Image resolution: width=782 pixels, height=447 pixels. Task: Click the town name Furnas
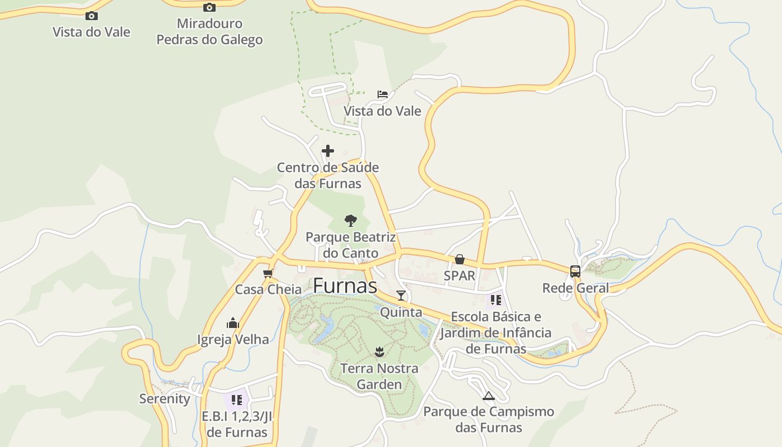coord(345,286)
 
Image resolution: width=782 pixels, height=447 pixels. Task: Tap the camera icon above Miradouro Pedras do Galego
coord(209,7)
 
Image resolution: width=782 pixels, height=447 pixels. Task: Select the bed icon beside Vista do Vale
coord(382,94)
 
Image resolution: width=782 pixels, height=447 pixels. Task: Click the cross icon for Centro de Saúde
coord(328,151)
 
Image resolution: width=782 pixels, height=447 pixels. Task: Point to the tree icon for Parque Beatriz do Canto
coord(350,220)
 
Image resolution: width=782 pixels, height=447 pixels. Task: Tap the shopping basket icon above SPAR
coord(460,259)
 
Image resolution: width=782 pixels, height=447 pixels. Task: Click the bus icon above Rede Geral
coord(575,272)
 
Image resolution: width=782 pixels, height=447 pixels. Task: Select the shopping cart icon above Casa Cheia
coord(268,273)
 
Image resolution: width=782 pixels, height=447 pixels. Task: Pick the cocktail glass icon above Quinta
coord(401,296)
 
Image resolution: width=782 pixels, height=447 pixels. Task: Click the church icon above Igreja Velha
coord(233,323)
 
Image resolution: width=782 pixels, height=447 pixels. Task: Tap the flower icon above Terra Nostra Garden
coord(380,352)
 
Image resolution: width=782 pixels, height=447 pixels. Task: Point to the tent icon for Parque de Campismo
coord(489,396)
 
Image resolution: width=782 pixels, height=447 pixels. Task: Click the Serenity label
coord(165,398)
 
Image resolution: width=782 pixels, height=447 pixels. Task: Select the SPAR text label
coord(460,275)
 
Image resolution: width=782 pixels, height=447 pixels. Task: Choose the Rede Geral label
coord(575,288)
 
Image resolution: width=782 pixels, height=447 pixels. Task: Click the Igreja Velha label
coord(233,339)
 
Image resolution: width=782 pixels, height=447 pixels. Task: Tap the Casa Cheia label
coord(268,289)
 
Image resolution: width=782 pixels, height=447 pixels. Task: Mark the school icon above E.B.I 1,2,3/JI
coord(237,400)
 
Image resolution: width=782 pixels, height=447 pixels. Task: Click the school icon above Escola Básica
coord(496,300)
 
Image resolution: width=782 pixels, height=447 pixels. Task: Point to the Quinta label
coord(401,312)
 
